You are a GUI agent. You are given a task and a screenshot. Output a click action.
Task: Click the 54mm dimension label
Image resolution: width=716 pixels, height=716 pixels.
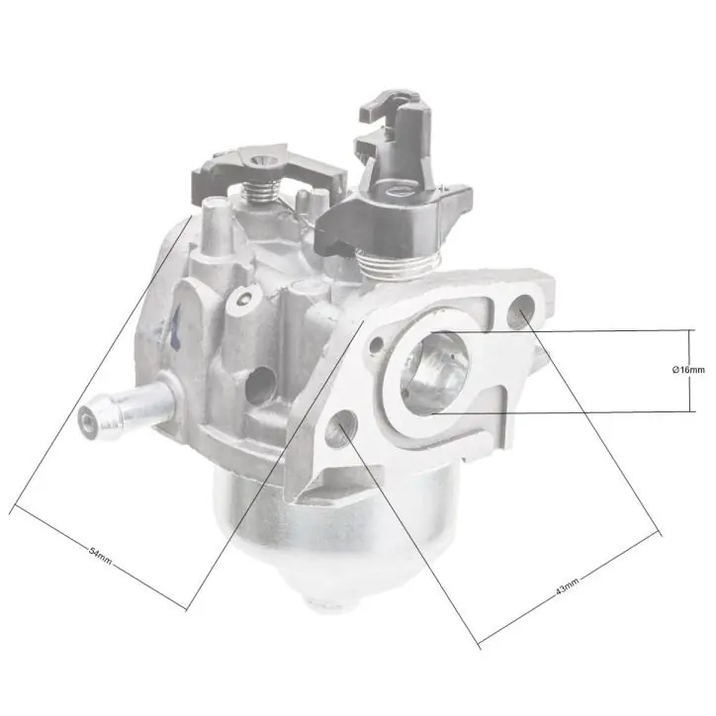tap(100, 555)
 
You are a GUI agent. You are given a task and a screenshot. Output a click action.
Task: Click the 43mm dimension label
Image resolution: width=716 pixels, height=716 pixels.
tap(567, 585)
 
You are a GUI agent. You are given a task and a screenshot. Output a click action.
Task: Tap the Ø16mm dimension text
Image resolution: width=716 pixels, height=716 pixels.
tap(688, 370)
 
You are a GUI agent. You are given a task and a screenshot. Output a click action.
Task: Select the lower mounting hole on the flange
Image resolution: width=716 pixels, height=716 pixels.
tap(341, 428)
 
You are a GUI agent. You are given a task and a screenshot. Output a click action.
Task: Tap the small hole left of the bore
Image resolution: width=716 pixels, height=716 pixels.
tap(376, 346)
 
